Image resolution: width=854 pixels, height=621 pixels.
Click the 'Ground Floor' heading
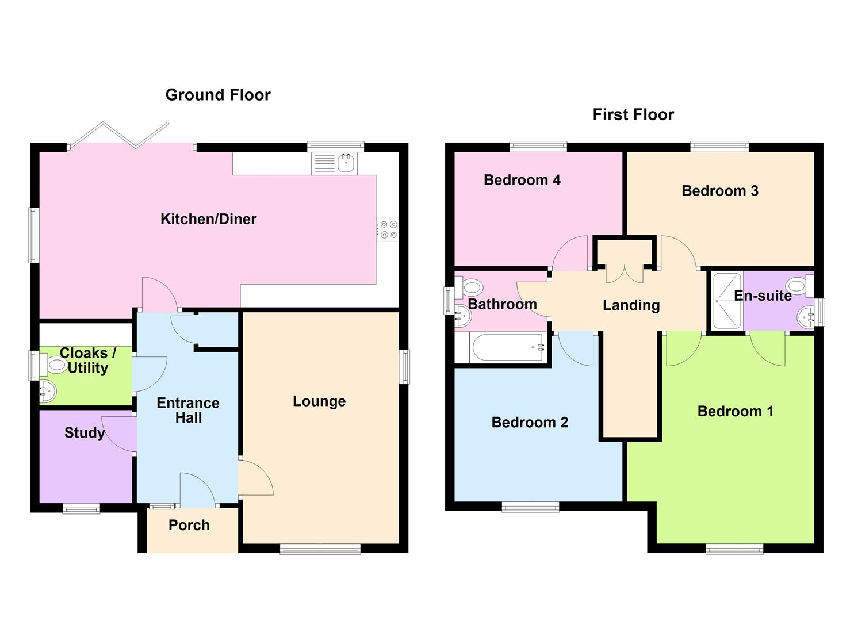pos(218,95)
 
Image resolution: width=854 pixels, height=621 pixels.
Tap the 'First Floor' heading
pos(633,115)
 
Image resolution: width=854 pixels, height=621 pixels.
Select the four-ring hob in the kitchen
pos(388,229)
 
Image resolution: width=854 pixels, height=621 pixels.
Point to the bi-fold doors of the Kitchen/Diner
pos(119,135)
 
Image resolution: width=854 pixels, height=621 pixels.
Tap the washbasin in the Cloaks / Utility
pos(48,391)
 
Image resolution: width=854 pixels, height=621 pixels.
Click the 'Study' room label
pos(85,433)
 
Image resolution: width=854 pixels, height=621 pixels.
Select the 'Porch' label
pos(189,526)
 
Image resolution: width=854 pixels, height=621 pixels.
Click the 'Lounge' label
pos(319,401)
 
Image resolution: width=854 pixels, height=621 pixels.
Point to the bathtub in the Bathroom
pos(508,347)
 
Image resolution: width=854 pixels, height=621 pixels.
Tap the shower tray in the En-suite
pos(727,301)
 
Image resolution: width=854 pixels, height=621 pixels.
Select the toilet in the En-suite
pos(800,286)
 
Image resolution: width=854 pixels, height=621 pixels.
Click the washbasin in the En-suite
pos(806,317)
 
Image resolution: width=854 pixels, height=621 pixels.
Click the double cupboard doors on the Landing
pos(625,274)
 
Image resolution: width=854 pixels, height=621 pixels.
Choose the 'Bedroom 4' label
pos(522,180)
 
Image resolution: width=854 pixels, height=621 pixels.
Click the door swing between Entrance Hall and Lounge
pos(255,478)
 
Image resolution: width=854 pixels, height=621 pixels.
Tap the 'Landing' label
pos(631,305)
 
